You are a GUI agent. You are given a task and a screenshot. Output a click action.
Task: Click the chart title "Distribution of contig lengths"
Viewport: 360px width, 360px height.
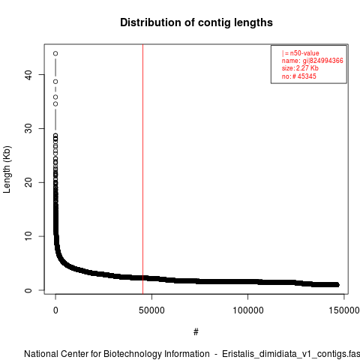pos(196,22)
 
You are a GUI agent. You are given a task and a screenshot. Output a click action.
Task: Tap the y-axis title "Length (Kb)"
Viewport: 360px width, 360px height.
pos(7,169)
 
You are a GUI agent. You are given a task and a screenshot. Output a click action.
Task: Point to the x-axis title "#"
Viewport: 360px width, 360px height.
pos(196,332)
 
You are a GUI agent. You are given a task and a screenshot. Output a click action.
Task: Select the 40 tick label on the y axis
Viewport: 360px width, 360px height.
pos(28,75)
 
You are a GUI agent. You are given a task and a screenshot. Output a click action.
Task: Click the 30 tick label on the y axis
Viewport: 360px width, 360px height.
pos(28,128)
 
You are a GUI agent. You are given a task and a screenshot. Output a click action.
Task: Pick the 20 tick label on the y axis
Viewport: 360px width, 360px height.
pos(28,182)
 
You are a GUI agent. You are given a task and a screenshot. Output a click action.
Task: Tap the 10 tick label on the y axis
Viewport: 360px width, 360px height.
pos(28,236)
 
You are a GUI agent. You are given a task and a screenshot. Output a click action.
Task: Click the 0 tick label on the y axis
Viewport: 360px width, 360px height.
pos(28,290)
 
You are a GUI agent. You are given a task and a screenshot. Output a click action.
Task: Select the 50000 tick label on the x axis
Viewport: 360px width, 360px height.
pos(151,310)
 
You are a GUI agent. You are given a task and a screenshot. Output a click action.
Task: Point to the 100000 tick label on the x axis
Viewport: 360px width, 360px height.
pos(248,310)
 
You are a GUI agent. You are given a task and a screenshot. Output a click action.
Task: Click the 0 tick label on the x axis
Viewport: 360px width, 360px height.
pos(55,310)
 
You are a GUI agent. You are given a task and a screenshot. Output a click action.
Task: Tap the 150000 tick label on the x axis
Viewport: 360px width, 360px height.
pos(344,310)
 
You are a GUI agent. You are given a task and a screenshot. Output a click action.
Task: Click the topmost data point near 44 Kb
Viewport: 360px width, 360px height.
pos(55,53)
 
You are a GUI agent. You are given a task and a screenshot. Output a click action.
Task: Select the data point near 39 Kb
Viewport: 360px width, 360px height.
pos(55,82)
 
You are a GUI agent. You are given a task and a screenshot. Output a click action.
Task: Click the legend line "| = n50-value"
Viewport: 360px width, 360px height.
pos(301,53)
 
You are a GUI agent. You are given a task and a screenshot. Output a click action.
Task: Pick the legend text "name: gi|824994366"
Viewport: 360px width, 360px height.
pos(313,61)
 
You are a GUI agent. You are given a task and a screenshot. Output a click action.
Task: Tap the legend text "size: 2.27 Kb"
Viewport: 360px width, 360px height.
pos(300,68)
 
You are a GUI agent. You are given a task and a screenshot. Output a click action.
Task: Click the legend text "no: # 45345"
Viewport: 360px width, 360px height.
pos(299,76)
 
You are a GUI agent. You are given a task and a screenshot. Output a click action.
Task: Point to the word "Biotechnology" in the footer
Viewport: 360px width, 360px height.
pos(130,354)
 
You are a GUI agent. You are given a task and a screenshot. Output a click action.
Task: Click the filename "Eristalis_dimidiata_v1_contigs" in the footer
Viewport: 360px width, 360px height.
pos(284,355)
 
